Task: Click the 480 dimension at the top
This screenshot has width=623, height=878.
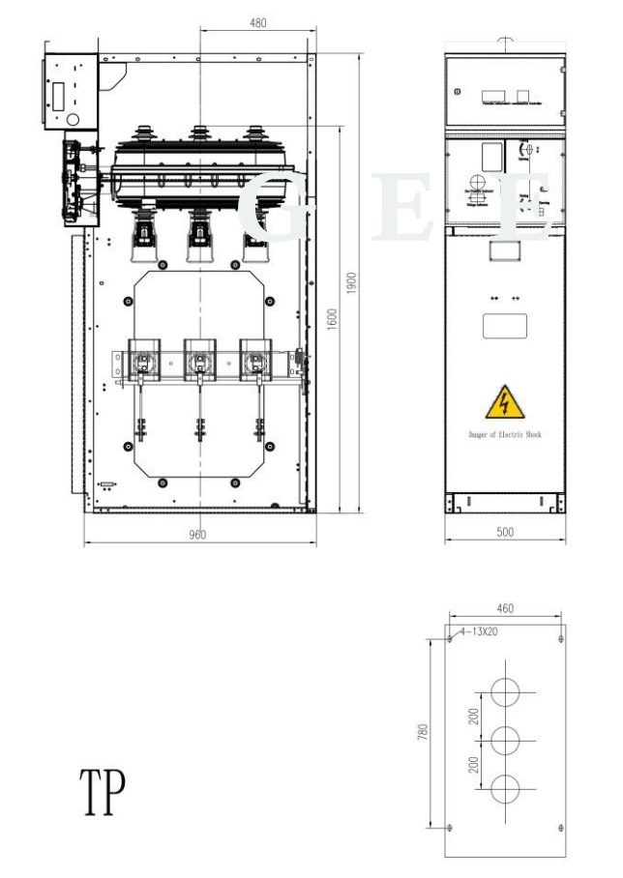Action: click(x=257, y=23)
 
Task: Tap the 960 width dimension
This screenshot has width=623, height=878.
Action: click(x=197, y=535)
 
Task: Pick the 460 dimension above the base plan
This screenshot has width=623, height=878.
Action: click(x=505, y=608)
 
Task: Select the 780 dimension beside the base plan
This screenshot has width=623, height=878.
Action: click(x=423, y=732)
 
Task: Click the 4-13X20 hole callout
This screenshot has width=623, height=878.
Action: click(x=478, y=631)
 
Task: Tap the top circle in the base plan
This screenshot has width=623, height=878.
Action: click(x=505, y=692)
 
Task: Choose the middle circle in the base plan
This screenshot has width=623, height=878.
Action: click(x=505, y=741)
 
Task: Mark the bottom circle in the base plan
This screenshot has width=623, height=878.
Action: click(x=505, y=789)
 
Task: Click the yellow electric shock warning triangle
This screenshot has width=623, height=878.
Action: click(x=504, y=400)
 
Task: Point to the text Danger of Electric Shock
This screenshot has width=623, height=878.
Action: click(x=504, y=435)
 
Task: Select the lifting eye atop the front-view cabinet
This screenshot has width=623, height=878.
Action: click(x=504, y=43)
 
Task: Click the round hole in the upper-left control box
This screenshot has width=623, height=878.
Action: click(x=72, y=119)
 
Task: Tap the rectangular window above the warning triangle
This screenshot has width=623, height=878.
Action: click(x=504, y=326)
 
